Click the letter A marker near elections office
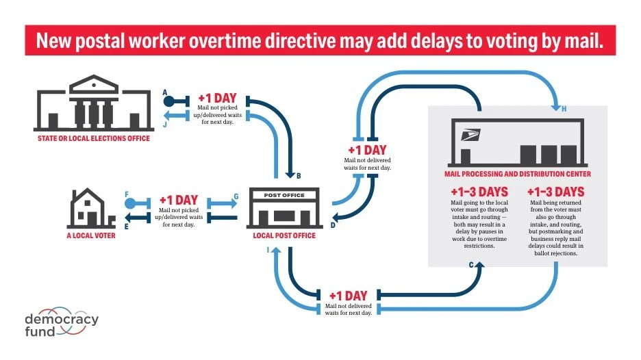165,92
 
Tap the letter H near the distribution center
564,110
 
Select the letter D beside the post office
333,224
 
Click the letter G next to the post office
236,196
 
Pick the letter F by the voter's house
127,195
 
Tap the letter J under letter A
165,124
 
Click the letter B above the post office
298,176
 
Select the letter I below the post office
268,251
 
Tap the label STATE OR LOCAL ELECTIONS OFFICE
94,139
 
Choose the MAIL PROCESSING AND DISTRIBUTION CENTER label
517,174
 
